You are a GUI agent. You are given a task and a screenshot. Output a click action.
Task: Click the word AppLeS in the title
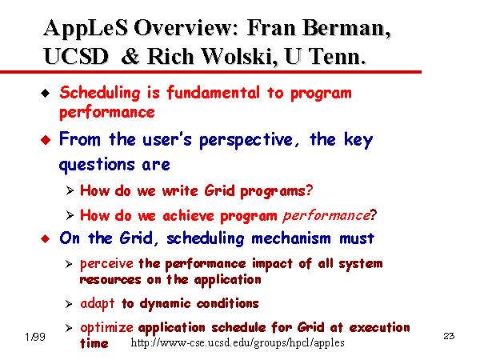coord(86,29)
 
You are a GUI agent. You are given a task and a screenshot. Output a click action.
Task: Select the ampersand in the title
coord(130,57)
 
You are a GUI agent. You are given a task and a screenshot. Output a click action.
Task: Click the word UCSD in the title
coord(76,57)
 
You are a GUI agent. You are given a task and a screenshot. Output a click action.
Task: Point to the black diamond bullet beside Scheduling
coord(46,93)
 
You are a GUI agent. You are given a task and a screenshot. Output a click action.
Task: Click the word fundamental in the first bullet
coord(213,93)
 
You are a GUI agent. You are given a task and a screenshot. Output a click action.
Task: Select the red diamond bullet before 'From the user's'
coord(46,140)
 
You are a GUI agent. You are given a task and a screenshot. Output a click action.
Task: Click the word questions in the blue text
coord(97,165)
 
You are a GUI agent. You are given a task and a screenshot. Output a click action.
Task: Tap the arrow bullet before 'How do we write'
coord(70,190)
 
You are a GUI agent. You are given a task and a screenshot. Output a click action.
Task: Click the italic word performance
coord(326,216)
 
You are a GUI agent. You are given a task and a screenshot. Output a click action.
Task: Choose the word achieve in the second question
coord(188,216)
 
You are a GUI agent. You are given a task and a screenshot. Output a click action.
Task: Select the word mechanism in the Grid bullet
coord(291,238)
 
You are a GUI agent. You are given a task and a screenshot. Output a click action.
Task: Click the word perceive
coord(106,264)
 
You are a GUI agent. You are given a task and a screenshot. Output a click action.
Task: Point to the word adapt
coord(98,304)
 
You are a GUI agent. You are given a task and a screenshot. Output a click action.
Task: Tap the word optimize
coord(106,328)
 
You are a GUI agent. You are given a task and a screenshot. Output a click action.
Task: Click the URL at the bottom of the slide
coord(238,342)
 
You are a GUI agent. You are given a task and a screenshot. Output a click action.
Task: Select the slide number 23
coord(449,336)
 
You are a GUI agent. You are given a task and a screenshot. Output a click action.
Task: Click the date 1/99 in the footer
coord(35,337)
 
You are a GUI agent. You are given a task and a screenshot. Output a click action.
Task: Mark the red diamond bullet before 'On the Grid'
coord(46,238)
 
